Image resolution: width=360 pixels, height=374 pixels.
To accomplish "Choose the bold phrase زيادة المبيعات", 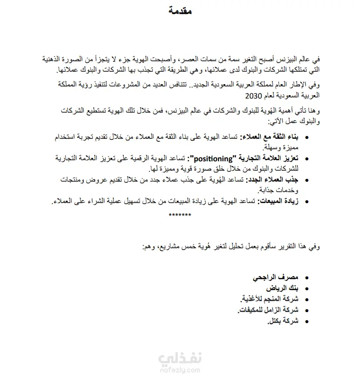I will (278, 202).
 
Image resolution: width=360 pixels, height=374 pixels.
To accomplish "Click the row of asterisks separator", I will (180, 215).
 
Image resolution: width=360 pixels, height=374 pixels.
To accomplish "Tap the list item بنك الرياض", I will (285, 288).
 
